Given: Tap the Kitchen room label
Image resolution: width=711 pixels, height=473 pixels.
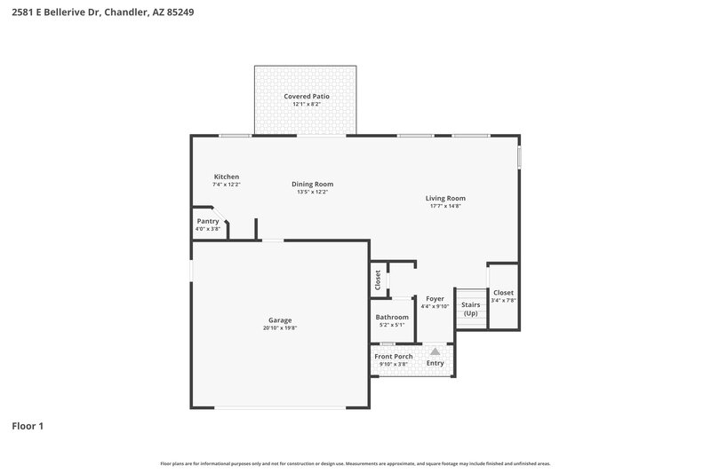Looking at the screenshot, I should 226,177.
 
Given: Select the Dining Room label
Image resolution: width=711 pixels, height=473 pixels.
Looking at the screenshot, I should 312,184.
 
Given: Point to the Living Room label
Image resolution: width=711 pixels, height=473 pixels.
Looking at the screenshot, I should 445,198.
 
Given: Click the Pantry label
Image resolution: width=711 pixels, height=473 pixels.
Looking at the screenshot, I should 207,221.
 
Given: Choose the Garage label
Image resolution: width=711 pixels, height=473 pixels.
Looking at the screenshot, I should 280,320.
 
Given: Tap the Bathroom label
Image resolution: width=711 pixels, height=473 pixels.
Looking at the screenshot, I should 392,317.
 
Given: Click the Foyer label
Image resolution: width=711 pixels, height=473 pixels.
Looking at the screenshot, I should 435,298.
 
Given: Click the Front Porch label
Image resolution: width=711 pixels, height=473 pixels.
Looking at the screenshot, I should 392,356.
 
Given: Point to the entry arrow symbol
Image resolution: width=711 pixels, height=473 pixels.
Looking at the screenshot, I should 435,351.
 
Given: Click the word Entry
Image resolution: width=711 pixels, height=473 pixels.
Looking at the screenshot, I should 435,362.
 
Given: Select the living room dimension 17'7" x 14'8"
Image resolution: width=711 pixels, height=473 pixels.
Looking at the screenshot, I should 445,206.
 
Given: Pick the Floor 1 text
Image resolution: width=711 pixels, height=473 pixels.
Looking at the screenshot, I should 28,426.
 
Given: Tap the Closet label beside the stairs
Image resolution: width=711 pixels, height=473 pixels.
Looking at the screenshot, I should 503,293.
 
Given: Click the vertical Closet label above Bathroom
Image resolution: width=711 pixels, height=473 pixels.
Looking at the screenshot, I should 378,280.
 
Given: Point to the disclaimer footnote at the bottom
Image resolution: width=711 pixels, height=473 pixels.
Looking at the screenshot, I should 355,463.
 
